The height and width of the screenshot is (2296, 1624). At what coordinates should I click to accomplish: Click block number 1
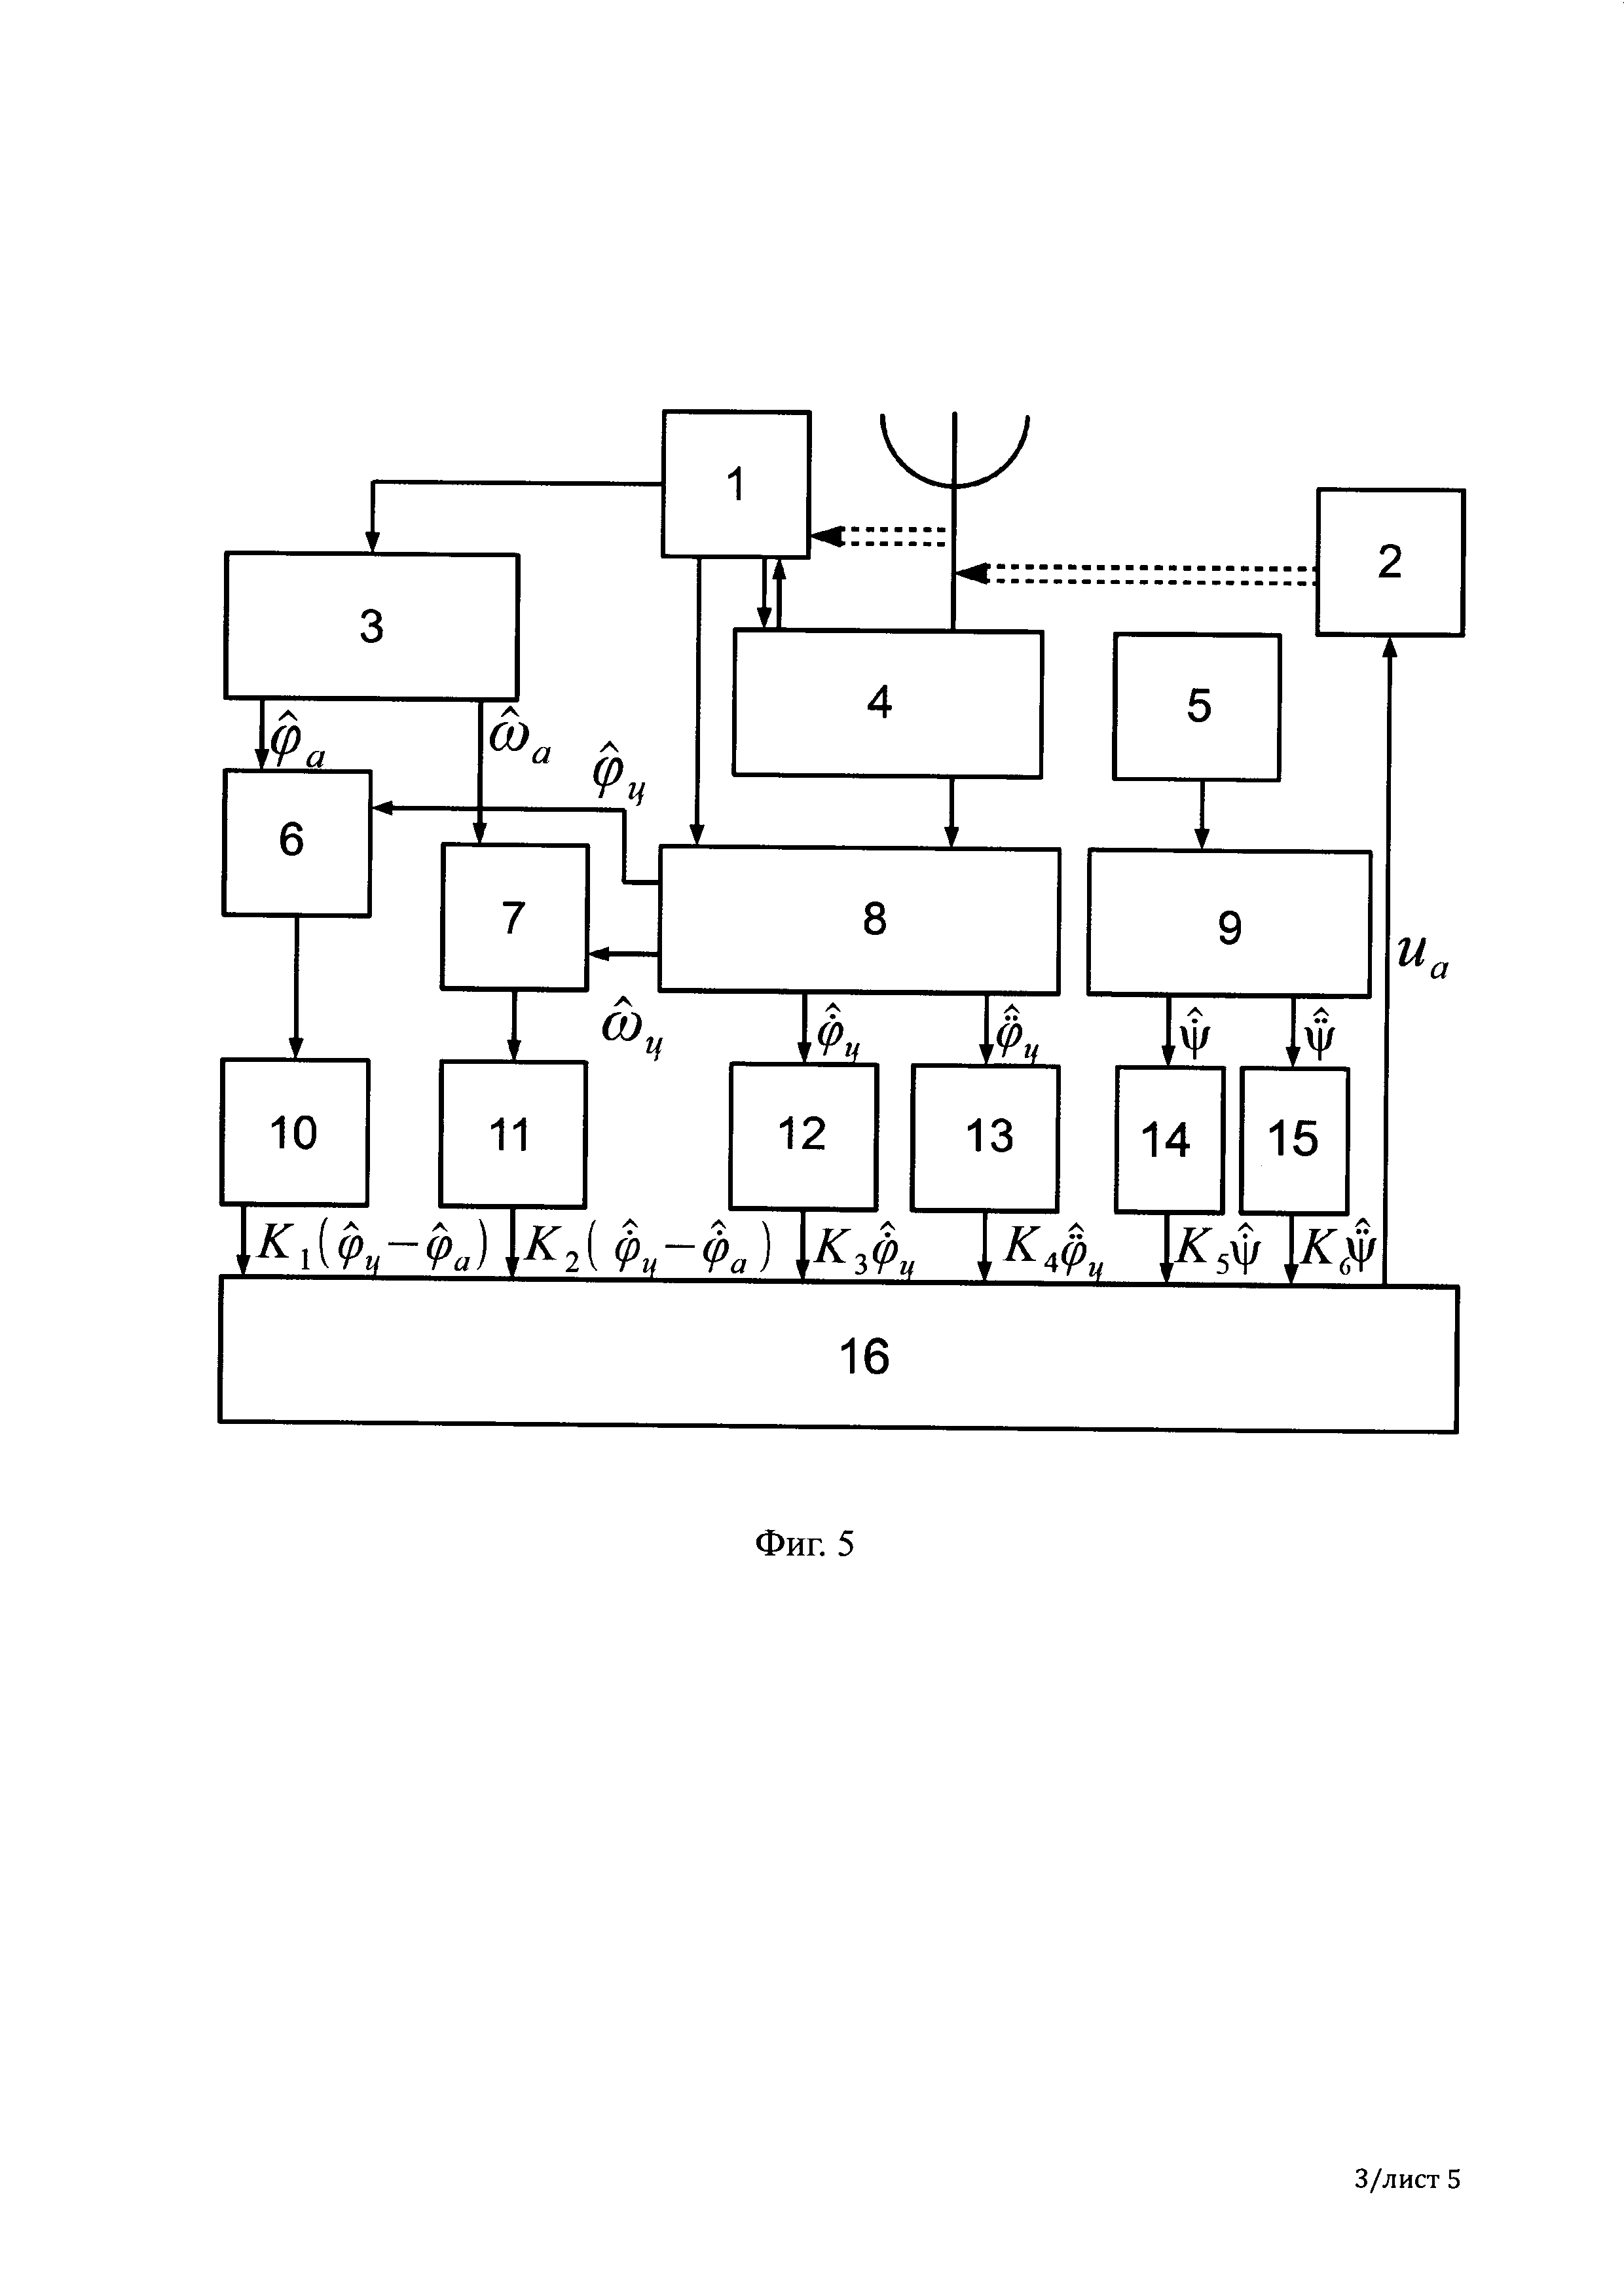[736, 483]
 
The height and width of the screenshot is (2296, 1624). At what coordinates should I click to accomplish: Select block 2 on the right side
[1390, 562]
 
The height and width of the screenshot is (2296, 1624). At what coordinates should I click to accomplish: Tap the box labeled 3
[371, 626]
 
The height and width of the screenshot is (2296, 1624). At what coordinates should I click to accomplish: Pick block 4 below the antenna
[887, 703]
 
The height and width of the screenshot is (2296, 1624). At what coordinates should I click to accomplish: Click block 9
[1229, 923]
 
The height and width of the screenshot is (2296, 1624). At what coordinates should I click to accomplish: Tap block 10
[294, 1132]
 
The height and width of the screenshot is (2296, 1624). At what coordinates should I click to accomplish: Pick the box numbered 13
[985, 1138]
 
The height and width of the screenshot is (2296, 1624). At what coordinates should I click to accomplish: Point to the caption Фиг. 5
[804, 1544]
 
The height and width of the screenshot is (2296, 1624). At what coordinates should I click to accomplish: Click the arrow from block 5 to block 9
[1202, 815]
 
